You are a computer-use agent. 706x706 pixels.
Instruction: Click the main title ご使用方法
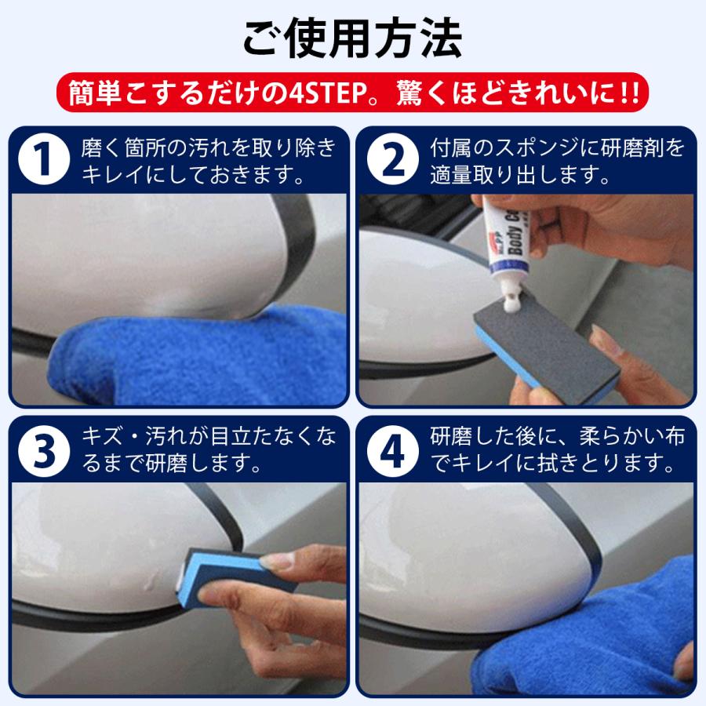pyautogui.click(x=352, y=39)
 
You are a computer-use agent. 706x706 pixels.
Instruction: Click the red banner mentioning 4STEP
pyautogui.click(x=352, y=93)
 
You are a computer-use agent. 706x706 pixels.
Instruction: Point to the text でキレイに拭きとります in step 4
pyautogui.click(x=553, y=464)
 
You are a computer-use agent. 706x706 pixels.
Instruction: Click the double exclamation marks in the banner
pyautogui.click(x=628, y=93)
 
